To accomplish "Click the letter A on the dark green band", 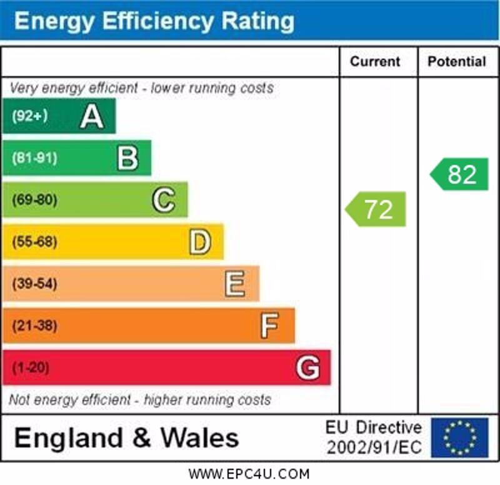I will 92,116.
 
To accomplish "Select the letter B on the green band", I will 127,158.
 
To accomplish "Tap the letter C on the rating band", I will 164,200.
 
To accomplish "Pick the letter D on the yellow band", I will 200,242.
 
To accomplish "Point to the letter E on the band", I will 235,284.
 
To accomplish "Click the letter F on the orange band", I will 270,326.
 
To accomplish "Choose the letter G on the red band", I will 307,367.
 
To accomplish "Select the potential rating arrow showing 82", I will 460,174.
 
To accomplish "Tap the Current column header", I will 375,61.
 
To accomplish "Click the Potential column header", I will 456,61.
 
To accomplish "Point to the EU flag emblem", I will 459,437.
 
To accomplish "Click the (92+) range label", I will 30,116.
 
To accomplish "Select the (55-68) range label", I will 34,242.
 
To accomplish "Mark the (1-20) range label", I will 30,367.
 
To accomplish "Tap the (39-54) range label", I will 34,284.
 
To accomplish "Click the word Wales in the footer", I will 200,437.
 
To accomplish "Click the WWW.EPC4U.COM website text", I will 249,474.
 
